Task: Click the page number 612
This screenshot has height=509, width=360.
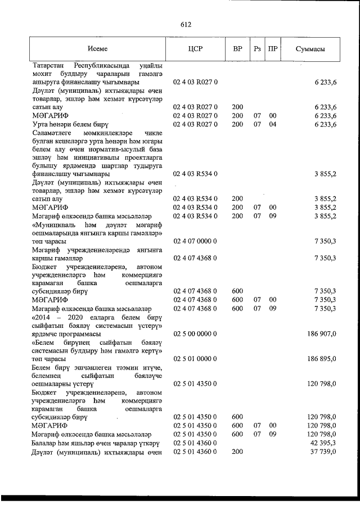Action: tap(186, 24)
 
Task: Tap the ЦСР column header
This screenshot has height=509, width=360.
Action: tap(195, 49)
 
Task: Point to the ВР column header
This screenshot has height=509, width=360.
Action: tap(237, 49)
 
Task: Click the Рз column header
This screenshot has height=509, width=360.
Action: tap(258, 49)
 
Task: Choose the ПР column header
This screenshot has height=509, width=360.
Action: tap(273, 49)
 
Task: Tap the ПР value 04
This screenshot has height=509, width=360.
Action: tap(273, 124)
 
